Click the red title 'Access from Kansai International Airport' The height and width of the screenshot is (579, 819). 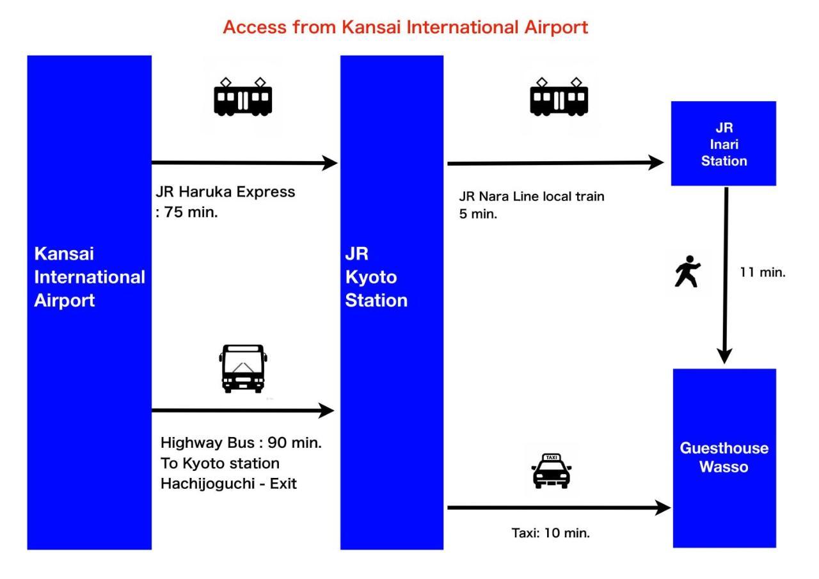(x=405, y=28)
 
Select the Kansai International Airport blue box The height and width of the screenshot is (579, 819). (x=89, y=302)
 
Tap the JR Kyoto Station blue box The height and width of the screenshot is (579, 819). (x=391, y=302)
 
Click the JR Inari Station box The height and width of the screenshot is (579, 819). (x=723, y=143)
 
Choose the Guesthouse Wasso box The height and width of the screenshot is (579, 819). (x=724, y=457)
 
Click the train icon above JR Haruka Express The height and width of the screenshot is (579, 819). (x=243, y=97)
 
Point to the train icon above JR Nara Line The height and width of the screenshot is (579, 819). (x=559, y=97)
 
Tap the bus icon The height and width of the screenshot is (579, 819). (x=243, y=368)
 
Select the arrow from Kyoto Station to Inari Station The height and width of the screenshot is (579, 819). (x=555, y=163)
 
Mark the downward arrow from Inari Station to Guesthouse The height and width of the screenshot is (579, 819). (x=725, y=275)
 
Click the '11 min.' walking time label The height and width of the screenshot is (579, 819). (x=762, y=272)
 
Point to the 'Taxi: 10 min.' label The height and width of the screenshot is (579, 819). (x=550, y=532)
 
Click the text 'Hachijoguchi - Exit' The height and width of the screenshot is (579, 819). (x=228, y=484)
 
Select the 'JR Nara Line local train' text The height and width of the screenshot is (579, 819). (x=531, y=196)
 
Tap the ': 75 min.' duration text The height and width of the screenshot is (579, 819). (x=187, y=213)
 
